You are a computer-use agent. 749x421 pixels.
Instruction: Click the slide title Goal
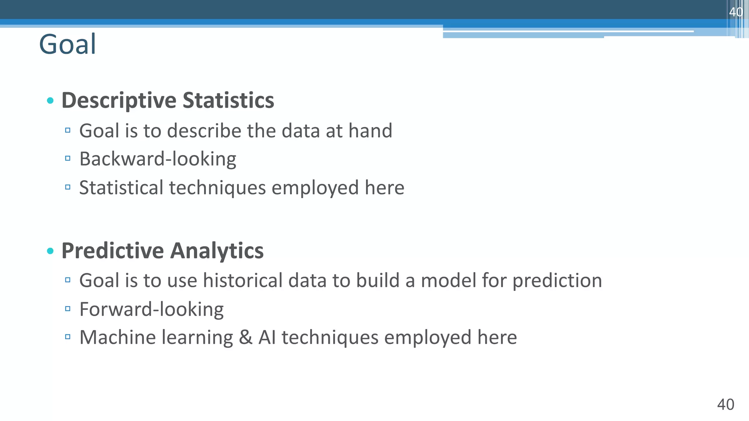click(67, 44)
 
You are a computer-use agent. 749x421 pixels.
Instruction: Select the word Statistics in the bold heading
click(228, 100)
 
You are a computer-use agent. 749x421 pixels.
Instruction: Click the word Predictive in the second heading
click(112, 251)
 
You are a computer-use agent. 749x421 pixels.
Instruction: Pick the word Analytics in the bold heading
click(217, 251)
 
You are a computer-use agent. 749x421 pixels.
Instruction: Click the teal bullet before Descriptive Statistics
click(50, 100)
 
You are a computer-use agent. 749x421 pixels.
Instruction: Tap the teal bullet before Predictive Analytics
click(50, 251)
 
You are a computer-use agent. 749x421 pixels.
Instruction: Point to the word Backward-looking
click(158, 159)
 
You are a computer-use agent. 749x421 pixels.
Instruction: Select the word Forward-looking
click(151, 309)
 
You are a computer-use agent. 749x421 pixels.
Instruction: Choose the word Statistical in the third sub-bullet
click(121, 187)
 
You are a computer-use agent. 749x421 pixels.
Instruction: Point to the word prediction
click(557, 281)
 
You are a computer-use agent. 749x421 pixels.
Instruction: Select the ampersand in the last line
click(245, 337)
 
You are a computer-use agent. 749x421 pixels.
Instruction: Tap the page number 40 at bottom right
click(726, 405)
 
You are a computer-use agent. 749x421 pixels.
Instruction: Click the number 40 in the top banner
click(736, 12)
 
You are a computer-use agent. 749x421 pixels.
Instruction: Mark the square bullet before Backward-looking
click(68, 159)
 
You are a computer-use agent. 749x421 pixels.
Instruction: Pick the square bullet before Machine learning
click(68, 337)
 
